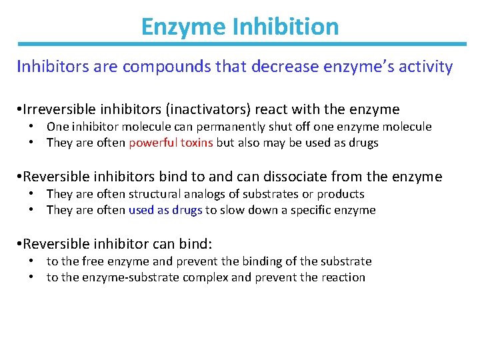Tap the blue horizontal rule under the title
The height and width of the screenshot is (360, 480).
click(x=240, y=45)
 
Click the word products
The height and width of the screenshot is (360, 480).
click(x=340, y=194)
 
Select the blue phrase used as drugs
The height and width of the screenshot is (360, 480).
click(x=165, y=210)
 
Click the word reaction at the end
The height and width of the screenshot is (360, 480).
click(x=342, y=277)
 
